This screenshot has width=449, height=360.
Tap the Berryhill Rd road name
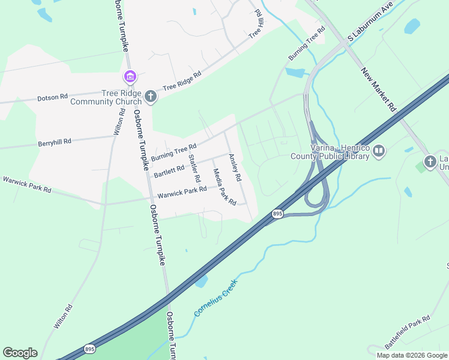click(x=55, y=142)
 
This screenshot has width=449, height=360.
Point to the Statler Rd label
click(x=193, y=169)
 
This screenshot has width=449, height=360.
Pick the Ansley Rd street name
click(x=234, y=167)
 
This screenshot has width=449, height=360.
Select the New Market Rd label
click(x=379, y=89)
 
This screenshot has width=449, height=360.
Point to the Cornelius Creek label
click(x=215, y=297)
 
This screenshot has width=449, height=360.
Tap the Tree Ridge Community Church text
click(x=112, y=97)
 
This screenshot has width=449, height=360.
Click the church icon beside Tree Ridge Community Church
click(x=150, y=97)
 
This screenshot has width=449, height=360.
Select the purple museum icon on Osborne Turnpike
click(x=130, y=77)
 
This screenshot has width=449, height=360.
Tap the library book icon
click(x=378, y=151)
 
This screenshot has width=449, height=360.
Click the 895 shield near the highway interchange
click(x=277, y=214)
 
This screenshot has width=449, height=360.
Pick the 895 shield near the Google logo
click(x=89, y=349)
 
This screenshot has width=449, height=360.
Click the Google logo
click(x=20, y=353)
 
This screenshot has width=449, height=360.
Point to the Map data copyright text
click(x=411, y=355)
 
